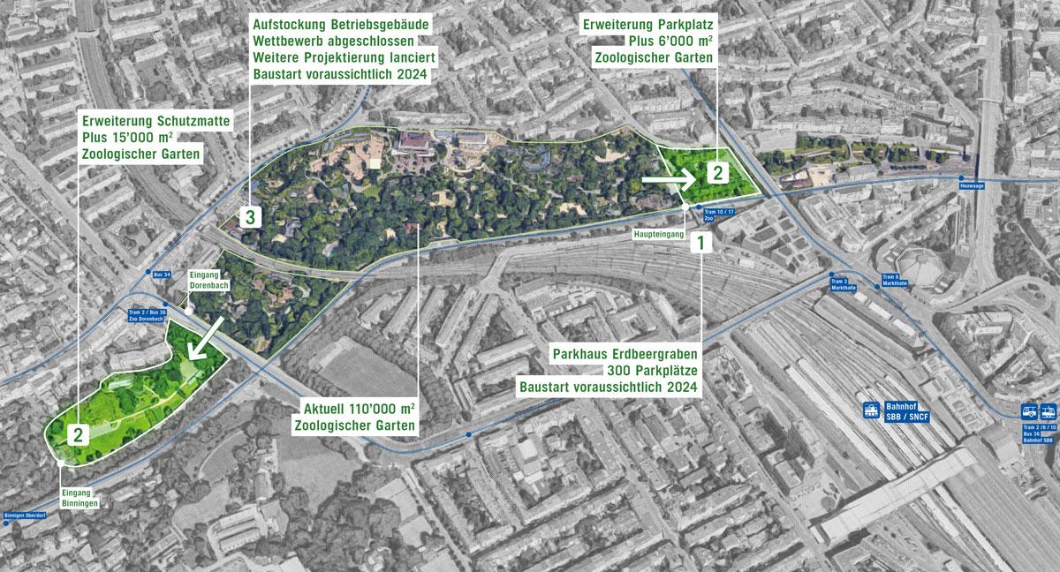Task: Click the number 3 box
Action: pos(251,216)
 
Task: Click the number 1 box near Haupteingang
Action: pos(700,241)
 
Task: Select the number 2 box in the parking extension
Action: pos(719,171)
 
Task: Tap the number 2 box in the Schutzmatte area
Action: pos(79,434)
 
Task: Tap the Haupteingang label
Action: pos(653,236)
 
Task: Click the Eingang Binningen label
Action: pos(78,497)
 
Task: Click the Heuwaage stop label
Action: pos(969,186)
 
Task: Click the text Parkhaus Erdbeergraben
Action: pos(625,353)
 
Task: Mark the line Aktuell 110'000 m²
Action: pos(360,410)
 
